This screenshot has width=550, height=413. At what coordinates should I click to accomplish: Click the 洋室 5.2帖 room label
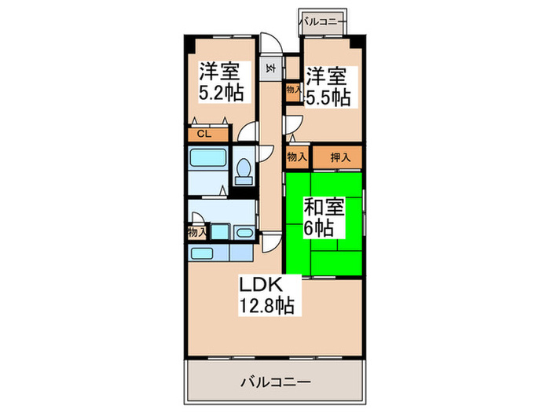click(x=220, y=80)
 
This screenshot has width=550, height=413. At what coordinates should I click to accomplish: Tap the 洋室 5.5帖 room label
click(x=328, y=87)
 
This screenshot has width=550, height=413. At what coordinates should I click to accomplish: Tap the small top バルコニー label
click(x=322, y=21)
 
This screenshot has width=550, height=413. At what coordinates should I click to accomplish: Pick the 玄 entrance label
click(x=271, y=68)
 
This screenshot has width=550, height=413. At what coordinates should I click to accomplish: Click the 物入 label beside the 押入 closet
click(x=296, y=157)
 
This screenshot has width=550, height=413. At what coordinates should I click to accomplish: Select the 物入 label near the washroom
click(x=197, y=233)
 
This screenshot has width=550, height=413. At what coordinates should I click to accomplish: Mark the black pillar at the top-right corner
click(x=357, y=42)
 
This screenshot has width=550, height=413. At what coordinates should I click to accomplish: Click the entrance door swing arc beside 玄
click(x=269, y=46)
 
